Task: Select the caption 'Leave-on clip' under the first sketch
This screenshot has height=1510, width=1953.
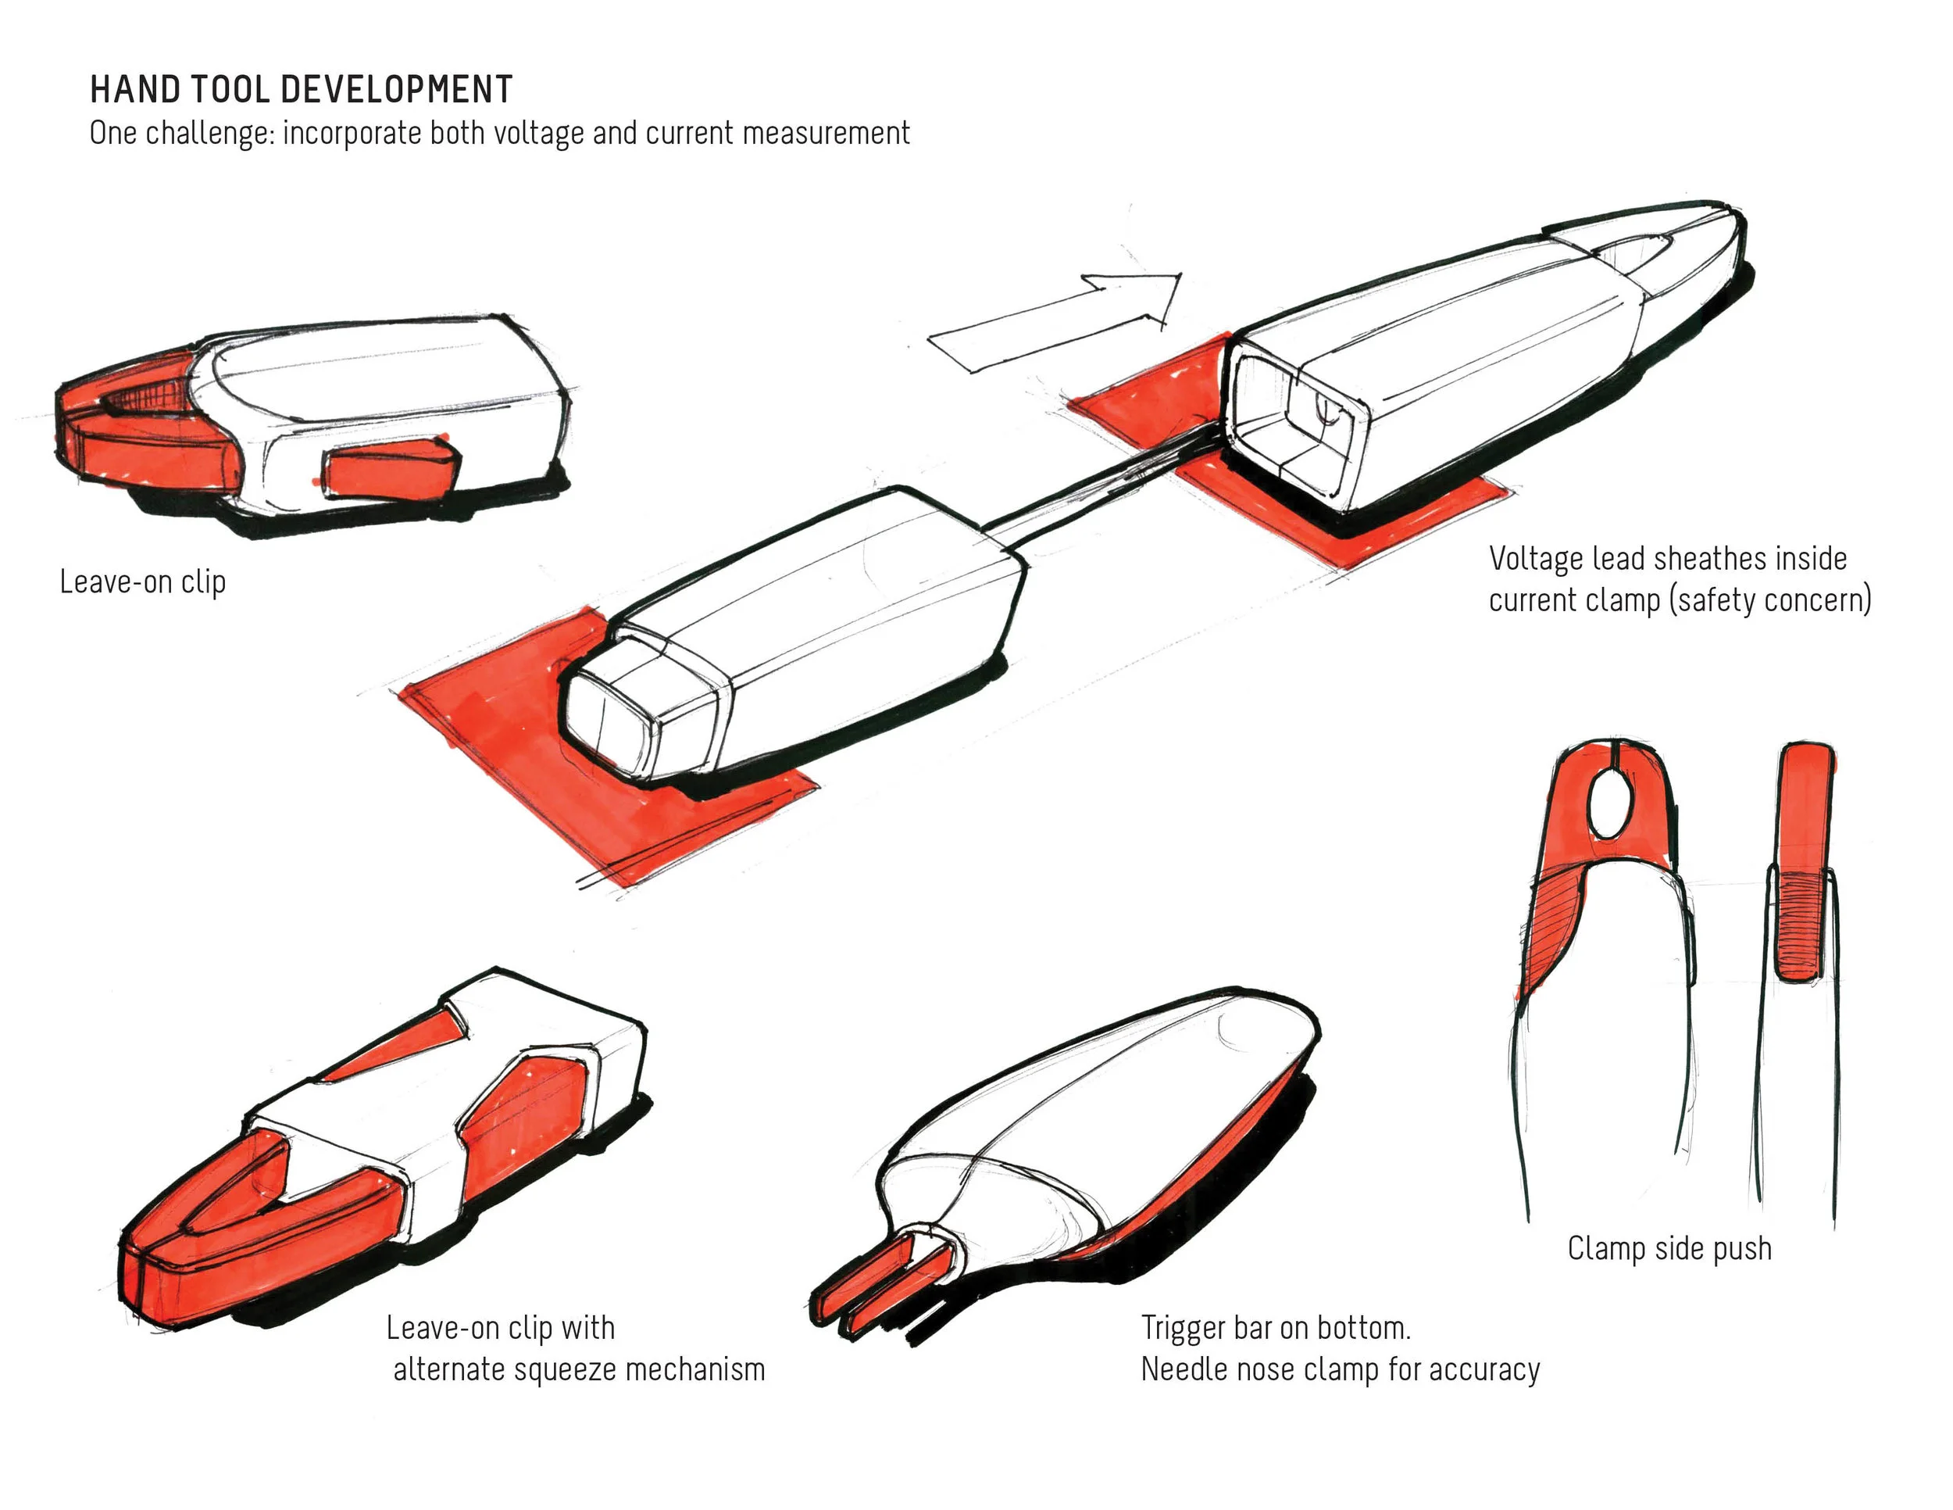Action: tap(142, 582)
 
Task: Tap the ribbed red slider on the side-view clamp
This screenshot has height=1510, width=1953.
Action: tap(1798, 926)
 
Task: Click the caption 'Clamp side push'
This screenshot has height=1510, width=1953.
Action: tap(1669, 1248)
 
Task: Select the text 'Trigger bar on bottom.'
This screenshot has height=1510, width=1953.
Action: tap(1275, 1328)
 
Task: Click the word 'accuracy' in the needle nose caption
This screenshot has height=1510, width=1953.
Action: tap(1484, 1369)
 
